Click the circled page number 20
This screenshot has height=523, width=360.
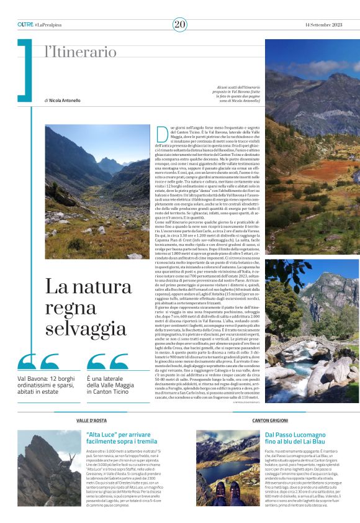180,24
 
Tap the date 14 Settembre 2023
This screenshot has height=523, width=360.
323,24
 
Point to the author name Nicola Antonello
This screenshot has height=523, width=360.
64,100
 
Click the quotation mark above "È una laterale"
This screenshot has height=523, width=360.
108,362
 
